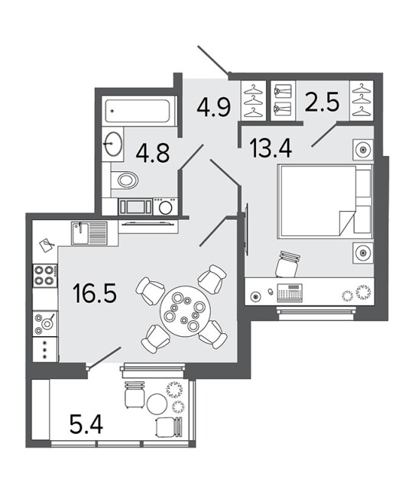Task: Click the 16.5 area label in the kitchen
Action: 94,293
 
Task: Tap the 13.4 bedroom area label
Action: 271,148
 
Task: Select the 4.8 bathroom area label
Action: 153,152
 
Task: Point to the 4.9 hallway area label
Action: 214,107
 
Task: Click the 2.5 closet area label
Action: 322,102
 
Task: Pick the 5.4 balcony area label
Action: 86,424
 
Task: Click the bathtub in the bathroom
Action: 138,111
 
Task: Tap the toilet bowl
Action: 125,180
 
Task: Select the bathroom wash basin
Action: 112,144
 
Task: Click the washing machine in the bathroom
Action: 165,207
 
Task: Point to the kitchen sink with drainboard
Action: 89,233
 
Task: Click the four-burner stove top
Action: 45,276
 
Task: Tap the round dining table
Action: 186,311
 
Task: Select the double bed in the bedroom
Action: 326,202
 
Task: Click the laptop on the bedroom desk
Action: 290,293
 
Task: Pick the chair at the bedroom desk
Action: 288,264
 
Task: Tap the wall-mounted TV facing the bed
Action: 247,229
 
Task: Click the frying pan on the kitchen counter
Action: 47,323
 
